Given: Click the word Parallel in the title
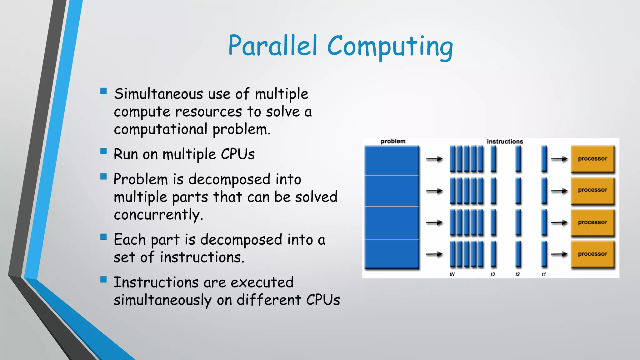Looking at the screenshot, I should (273, 46).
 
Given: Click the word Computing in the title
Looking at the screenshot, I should (390, 47).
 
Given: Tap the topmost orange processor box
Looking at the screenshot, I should (592, 159).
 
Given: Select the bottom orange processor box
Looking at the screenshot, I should (592, 254).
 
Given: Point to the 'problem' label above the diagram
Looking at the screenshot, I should (393, 141).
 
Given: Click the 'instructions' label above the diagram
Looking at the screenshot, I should (505, 142).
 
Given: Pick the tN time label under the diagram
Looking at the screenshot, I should (452, 274).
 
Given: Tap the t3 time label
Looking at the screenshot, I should (492, 274).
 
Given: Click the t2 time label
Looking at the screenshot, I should (517, 274).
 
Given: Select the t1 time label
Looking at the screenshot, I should (544, 274).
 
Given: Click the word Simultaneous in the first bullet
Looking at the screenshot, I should (158, 94).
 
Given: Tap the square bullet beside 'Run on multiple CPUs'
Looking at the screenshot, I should (103, 152).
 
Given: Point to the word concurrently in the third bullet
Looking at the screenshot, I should (158, 215).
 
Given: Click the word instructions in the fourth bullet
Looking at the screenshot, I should (202, 257).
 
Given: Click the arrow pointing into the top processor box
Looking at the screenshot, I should (559, 159).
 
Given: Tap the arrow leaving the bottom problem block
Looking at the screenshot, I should (434, 254).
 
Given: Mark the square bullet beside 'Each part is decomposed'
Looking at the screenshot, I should (103, 237).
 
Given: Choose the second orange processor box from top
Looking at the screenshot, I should (592, 190).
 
